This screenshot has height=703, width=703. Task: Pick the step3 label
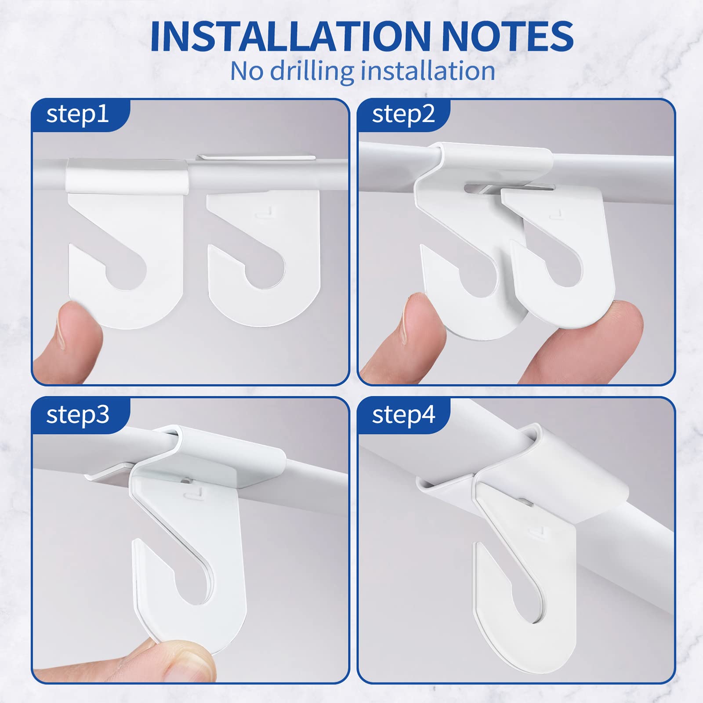(77, 414)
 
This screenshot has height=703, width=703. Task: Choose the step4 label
(403, 414)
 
